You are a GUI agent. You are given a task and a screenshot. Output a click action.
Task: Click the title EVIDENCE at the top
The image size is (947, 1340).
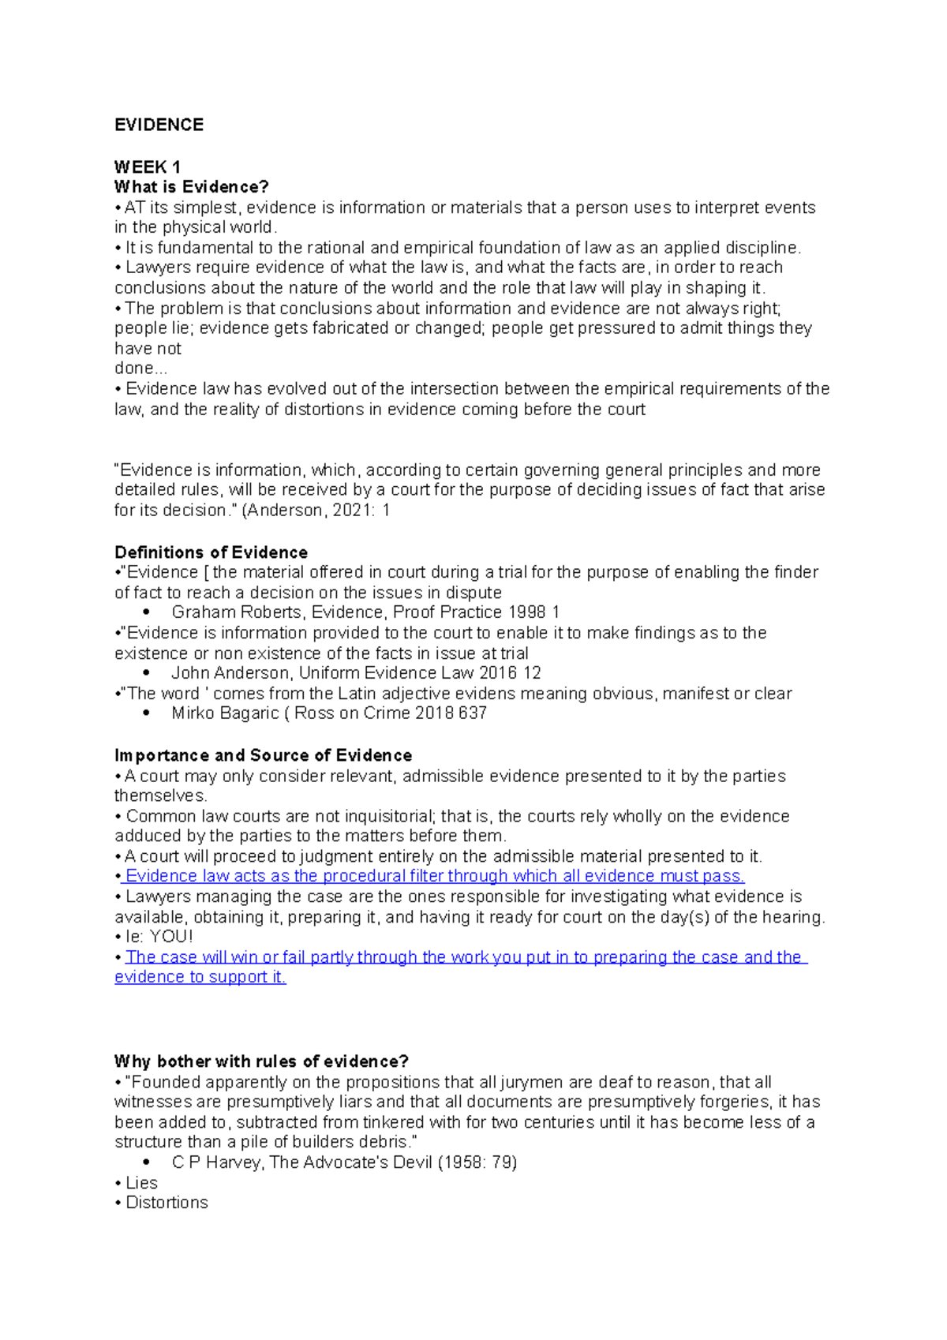coord(159,125)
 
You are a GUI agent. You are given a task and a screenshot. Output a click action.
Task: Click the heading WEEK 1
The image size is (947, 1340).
coord(147,167)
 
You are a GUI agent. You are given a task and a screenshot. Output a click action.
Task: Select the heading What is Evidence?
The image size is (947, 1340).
coord(191,187)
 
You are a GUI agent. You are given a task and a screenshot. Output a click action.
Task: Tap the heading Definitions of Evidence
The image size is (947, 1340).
coord(211,552)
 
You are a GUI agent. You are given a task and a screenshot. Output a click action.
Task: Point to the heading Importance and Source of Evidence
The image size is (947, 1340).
coord(263,755)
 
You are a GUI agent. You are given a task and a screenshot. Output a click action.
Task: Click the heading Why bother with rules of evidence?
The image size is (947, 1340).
coord(261,1061)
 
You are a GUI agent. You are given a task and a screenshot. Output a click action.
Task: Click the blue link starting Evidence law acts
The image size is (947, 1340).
coord(434,876)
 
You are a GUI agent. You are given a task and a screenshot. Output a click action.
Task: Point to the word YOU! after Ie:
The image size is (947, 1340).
coord(171,937)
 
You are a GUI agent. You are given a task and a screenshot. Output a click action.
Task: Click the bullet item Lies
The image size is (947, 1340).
coord(141,1183)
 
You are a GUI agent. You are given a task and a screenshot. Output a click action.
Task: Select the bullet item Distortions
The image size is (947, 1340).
coord(167,1203)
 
